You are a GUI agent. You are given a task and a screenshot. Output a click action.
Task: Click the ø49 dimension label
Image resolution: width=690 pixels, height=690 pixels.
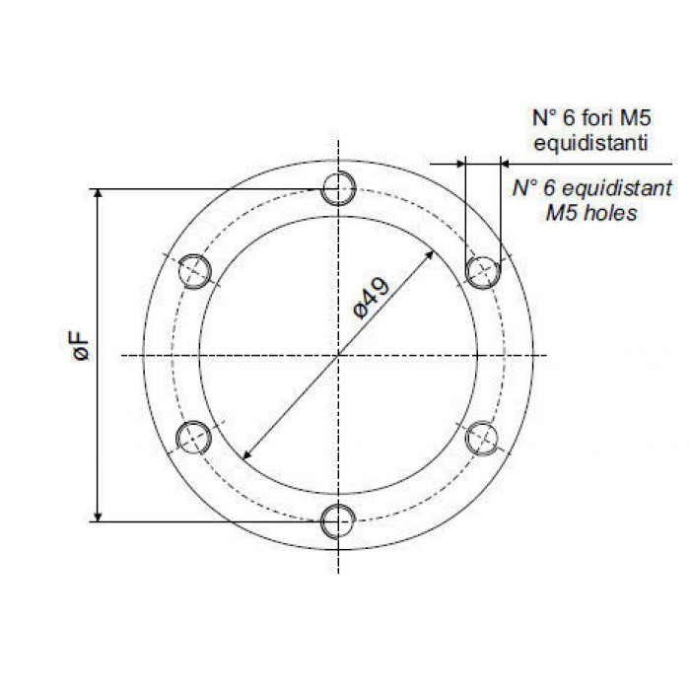click(372, 298)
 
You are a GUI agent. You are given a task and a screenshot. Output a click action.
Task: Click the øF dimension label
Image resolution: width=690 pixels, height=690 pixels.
click(81, 347)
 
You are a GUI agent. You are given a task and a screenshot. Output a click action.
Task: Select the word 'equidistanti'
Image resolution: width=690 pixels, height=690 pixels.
click(590, 143)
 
